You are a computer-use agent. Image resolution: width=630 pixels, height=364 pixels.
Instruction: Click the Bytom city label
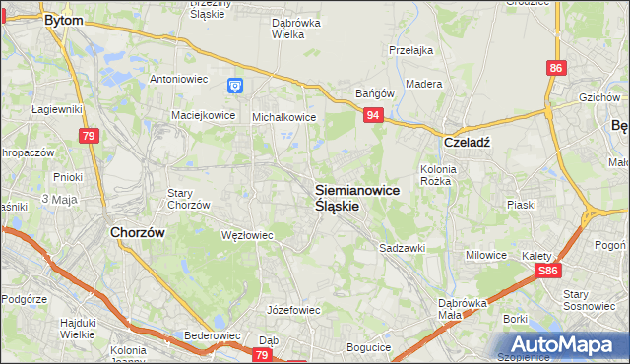(x=64, y=20)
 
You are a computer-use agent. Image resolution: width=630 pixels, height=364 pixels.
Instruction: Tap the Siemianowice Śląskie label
(x=357, y=198)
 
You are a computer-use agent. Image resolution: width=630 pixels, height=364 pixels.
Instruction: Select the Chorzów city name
(x=137, y=233)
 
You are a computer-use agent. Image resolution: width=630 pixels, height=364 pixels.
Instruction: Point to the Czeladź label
(x=467, y=141)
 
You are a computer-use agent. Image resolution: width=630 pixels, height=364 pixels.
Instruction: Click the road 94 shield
(x=373, y=116)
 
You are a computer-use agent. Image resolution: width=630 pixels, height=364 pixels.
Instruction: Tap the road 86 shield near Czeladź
(x=557, y=68)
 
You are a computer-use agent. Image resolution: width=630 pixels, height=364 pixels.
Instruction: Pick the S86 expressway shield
(x=548, y=271)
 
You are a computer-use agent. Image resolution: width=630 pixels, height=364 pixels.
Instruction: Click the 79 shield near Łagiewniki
(x=90, y=136)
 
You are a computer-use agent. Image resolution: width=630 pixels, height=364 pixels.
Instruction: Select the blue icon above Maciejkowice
(x=235, y=87)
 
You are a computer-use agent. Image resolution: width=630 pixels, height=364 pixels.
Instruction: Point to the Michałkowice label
(x=283, y=117)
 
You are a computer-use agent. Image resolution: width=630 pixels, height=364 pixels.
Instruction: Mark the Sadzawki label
(x=402, y=249)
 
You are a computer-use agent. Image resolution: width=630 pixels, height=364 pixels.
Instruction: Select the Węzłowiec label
(x=247, y=236)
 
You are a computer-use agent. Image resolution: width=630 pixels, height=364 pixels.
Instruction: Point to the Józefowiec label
(x=294, y=310)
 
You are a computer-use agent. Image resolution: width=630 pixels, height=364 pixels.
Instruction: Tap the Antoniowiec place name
(x=176, y=79)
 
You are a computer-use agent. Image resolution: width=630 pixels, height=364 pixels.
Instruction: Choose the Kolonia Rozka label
(x=436, y=175)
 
